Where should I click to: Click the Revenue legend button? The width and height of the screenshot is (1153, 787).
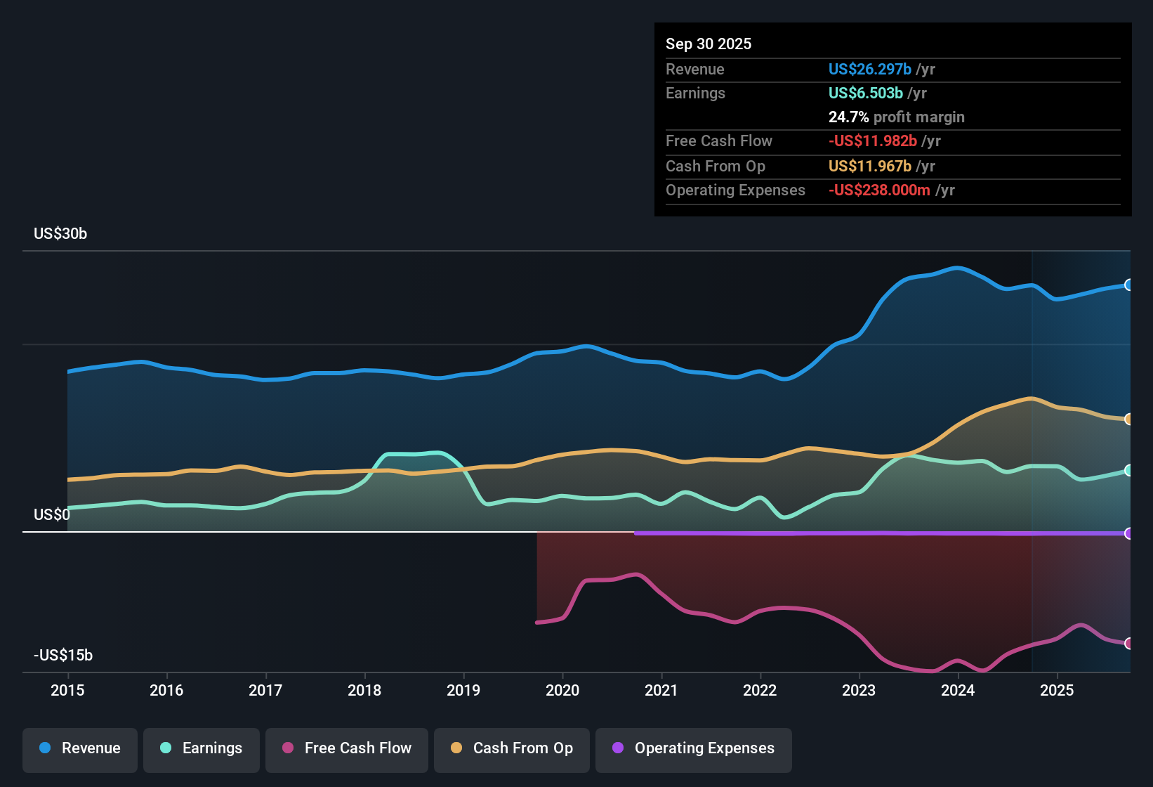click(x=80, y=749)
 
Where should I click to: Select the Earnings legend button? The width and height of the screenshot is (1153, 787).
click(x=202, y=749)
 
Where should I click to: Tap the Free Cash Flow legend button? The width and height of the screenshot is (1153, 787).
click(x=347, y=749)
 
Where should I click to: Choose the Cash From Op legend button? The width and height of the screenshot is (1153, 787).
click(x=512, y=749)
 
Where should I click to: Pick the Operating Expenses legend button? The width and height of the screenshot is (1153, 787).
click(x=694, y=749)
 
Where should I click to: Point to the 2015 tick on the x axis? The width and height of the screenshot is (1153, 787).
click(x=67, y=691)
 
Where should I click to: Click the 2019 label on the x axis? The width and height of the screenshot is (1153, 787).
click(x=463, y=691)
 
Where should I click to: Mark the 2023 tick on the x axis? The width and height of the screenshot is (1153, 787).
click(x=859, y=691)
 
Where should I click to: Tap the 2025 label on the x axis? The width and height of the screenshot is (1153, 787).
click(x=1057, y=691)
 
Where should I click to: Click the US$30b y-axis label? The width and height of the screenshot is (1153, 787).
click(x=60, y=234)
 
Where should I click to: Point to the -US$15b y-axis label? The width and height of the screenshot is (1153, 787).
click(x=63, y=656)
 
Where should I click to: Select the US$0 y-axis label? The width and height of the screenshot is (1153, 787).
click(x=52, y=515)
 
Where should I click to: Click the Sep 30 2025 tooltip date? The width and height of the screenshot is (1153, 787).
click(x=709, y=44)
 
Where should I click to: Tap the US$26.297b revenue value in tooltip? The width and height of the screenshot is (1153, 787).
click(x=870, y=70)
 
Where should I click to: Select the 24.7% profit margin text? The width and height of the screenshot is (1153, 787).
click(x=896, y=117)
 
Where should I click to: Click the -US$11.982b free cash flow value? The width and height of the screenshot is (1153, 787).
click(x=873, y=141)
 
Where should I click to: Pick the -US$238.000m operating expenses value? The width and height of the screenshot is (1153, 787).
click(x=879, y=190)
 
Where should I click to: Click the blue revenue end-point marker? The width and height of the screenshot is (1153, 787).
click(x=1128, y=285)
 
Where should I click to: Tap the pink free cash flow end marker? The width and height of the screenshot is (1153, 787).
click(x=1128, y=643)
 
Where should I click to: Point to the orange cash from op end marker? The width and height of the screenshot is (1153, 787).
click(x=1128, y=419)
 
